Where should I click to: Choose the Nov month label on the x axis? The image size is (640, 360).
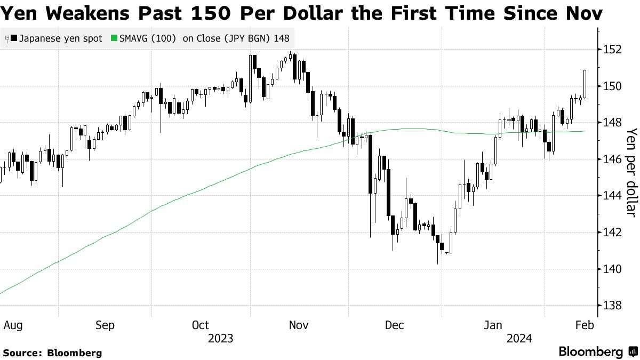(298, 325)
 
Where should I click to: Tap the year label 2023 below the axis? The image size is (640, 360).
(221, 338)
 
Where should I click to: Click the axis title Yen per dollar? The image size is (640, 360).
(631, 172)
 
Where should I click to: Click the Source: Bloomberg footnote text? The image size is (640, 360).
(52, 353)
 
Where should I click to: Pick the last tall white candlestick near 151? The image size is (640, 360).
(585, 84)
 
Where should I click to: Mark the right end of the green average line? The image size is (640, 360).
(585, 131)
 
